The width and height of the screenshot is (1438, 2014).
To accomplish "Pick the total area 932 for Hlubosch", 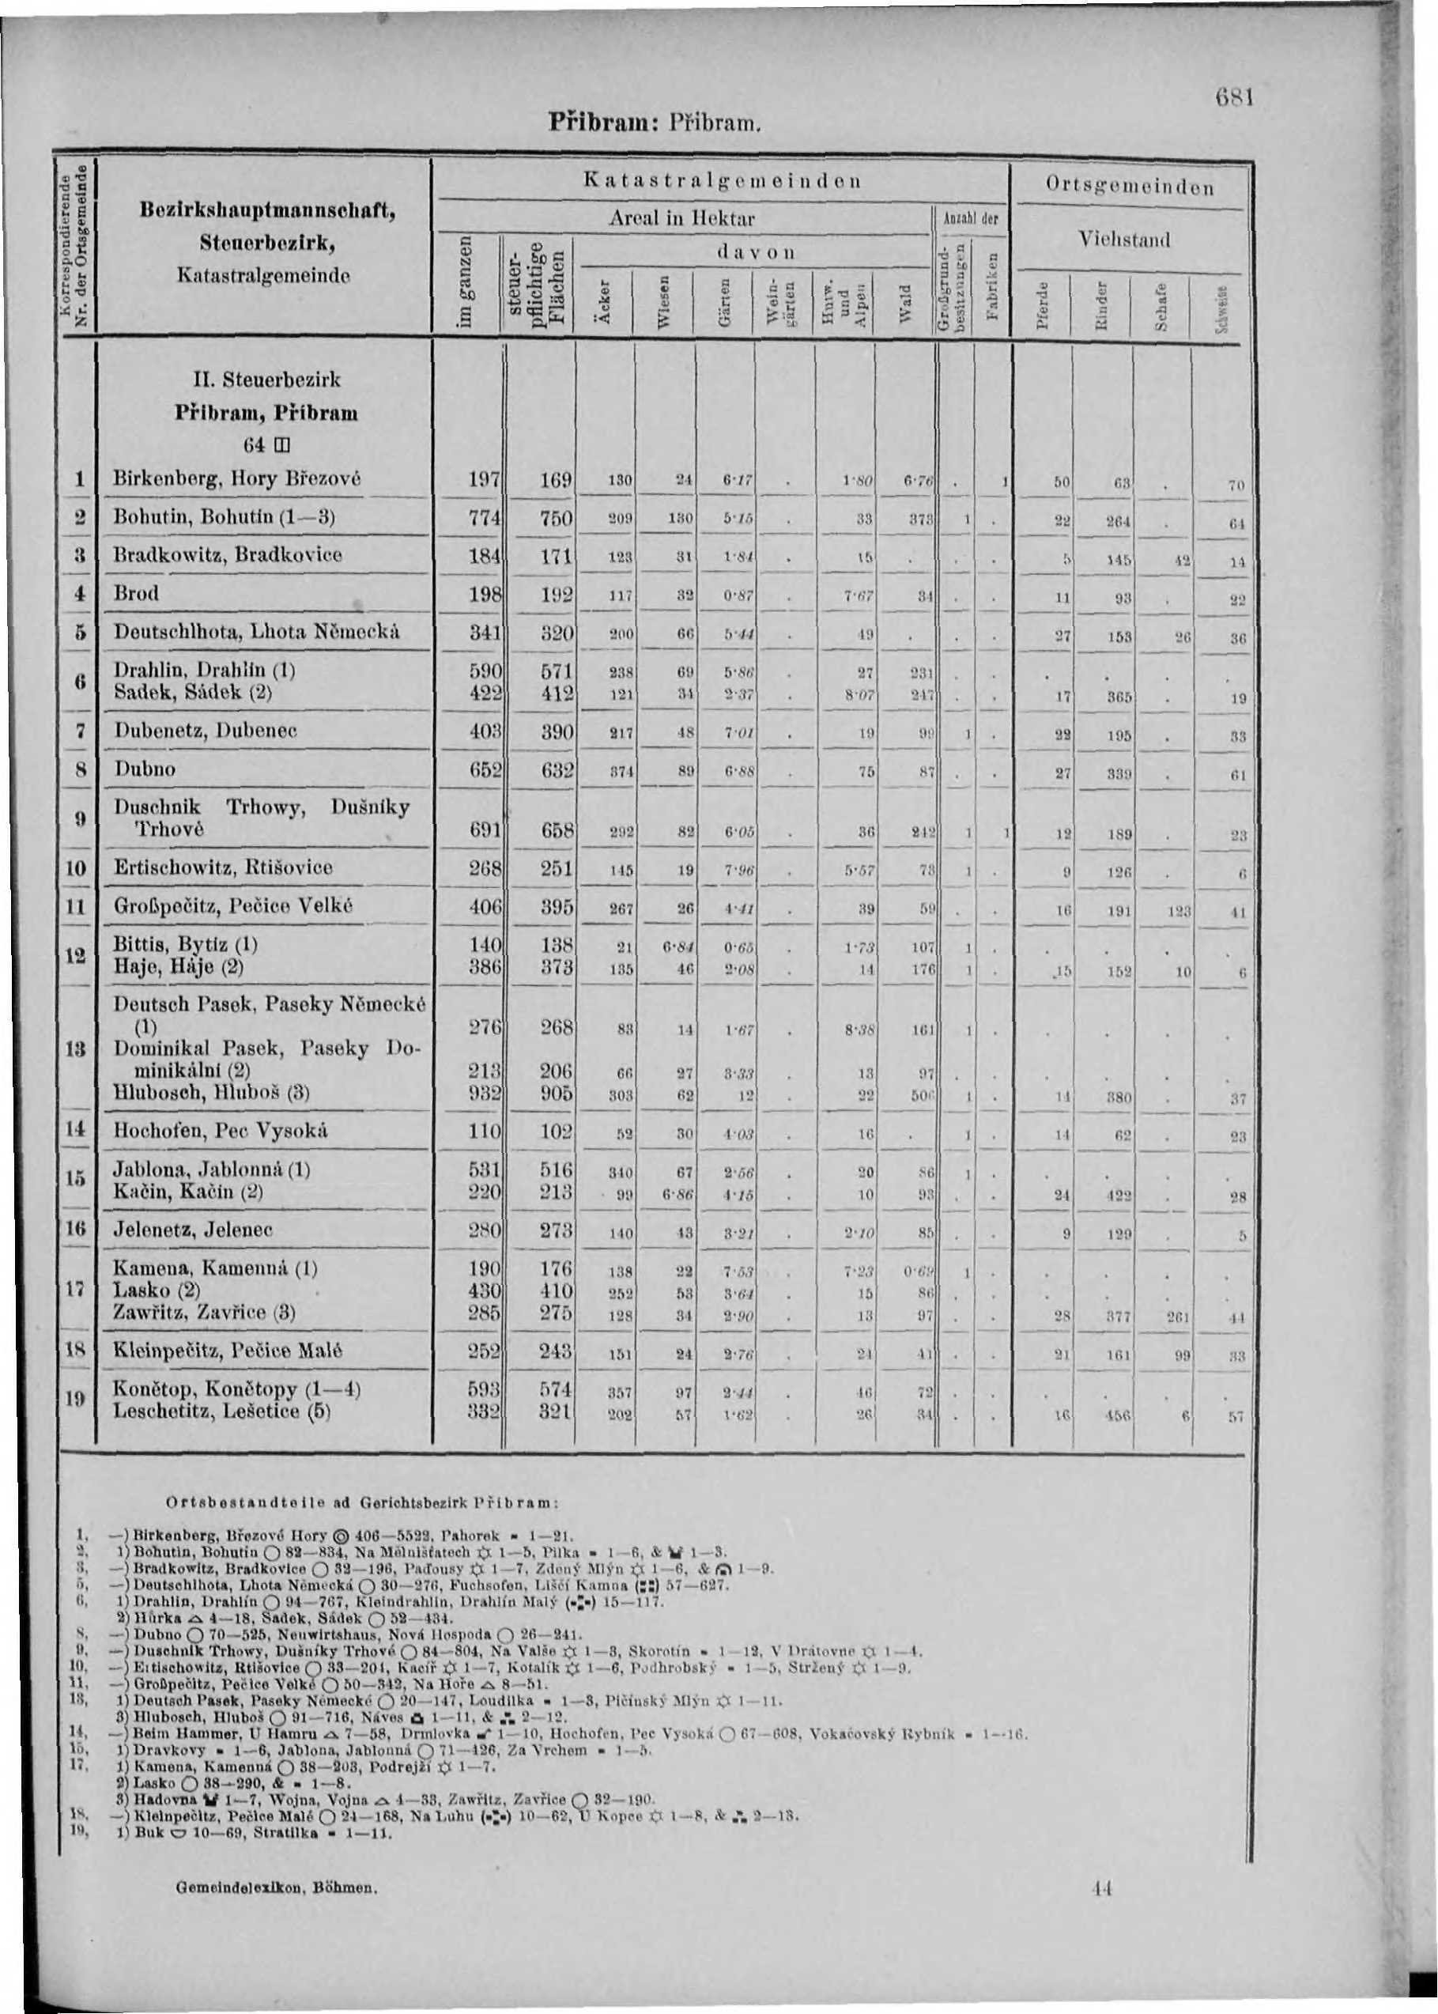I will [x=485, y=1092].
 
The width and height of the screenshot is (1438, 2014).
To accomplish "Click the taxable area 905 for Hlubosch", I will [x=556, y=1092].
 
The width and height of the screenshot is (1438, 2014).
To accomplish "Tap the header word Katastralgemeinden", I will [x=721, y=182].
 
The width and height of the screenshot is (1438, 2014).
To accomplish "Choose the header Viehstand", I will [x=1124, y=240].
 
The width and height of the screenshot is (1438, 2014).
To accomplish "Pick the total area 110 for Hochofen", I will [x=485, y=1131].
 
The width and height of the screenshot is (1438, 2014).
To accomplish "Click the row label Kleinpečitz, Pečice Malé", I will [x=228, y=1351].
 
